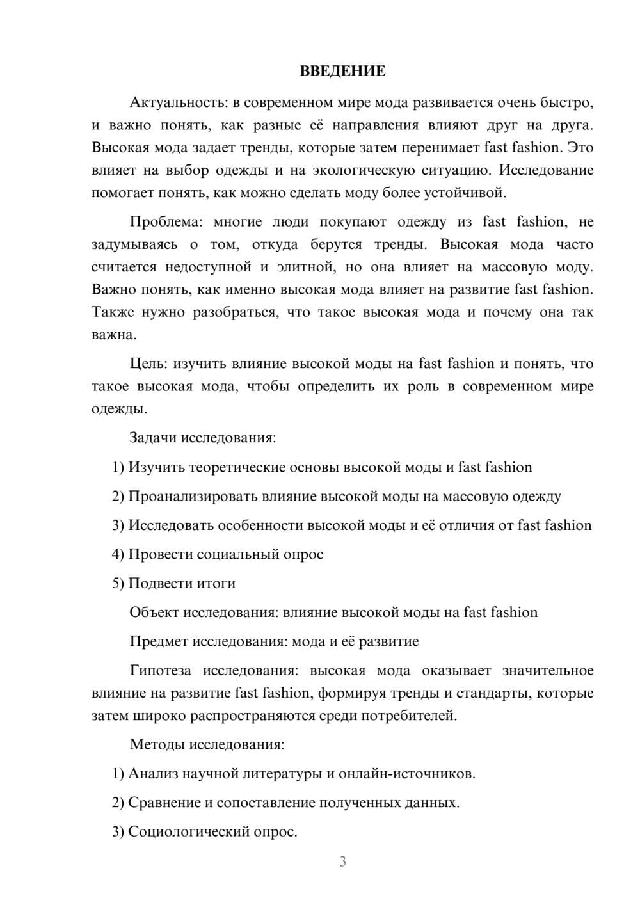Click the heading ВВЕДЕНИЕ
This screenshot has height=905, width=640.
tap(342, 71)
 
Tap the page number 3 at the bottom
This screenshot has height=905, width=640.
tap(342, 861)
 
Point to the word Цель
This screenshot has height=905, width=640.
tap(148, 364)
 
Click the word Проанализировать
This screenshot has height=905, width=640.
tap(192, 496)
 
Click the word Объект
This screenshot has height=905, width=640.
tap(154, 613)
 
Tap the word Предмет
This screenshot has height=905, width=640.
tap(159, 641)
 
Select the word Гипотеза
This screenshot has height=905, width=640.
tap(160, 671)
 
